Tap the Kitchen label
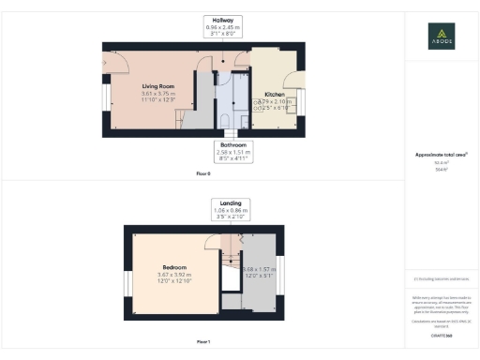point(274,95)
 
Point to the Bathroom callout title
point(232,145)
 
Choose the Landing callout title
point(231,202)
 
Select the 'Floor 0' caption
point(203,173)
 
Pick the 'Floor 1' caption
point(203,342)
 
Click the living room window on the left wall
point(105,101)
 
